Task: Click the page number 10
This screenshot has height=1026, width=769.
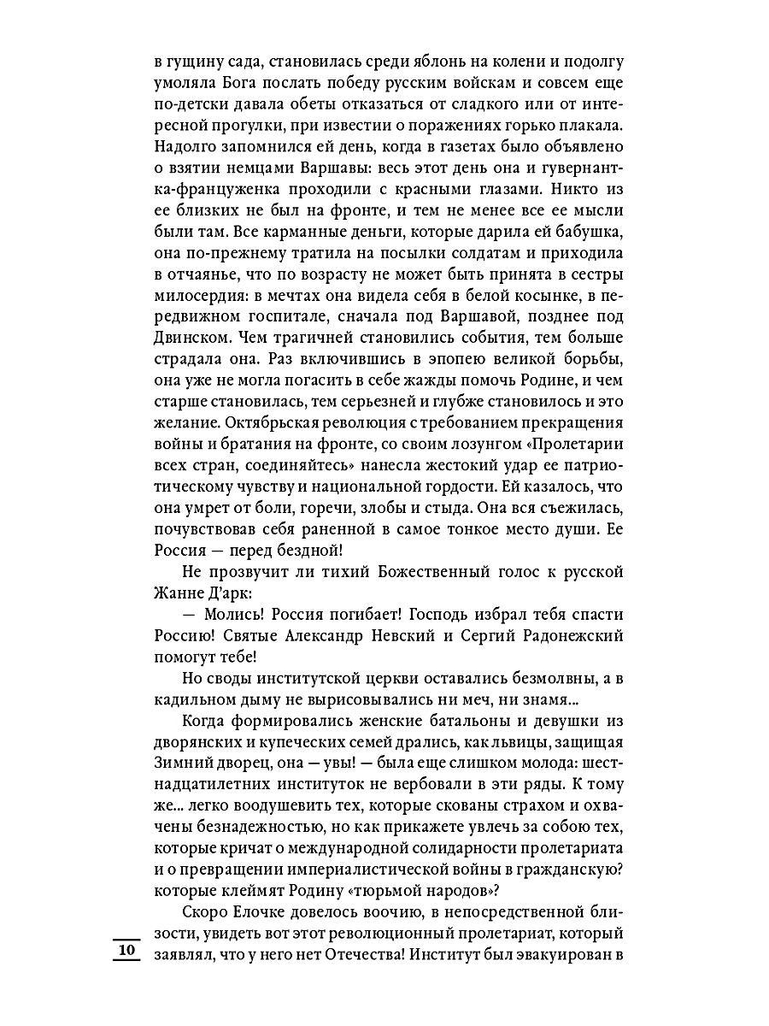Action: tap(126, 951)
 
